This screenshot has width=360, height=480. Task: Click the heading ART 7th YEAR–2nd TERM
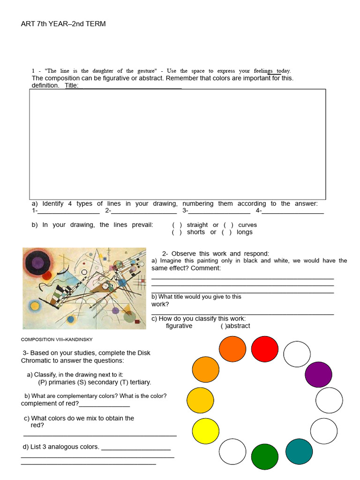(x=63, y=24)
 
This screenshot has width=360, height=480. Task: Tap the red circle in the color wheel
(x=265, y=349)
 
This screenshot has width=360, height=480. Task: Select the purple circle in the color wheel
(x=318, y=375)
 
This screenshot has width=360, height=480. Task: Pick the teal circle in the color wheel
(x=299, y=452)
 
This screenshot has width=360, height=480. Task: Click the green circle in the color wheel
(x=265, y=457)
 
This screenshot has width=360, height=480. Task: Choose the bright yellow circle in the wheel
(x=205, y=431)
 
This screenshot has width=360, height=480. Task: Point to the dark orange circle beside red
(x=232, y=350)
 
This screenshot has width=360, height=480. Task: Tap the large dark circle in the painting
(x=37, y=262)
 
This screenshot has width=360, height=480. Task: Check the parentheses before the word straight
(x=177, y=225)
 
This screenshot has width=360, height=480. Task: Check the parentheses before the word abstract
(x=223, y=326)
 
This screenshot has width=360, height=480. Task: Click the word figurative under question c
(x=179, y=326)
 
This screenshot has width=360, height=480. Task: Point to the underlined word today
(x=283, y=71)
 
